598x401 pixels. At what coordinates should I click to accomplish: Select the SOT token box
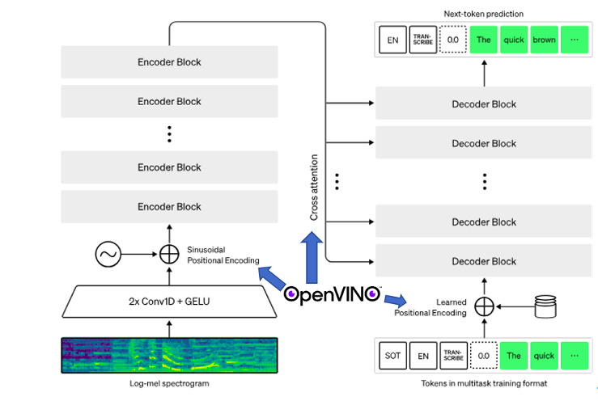(x=392, y=355)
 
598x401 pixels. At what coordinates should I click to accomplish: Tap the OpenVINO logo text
(x=331, y=293)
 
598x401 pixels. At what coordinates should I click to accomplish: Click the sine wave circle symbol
(x=108, y=255)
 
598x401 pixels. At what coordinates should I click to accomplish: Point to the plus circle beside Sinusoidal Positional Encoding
(x=169, y=255)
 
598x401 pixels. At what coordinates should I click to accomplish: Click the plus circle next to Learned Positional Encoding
(x=483, y=307)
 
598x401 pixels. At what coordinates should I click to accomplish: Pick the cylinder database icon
(x=548, y=306)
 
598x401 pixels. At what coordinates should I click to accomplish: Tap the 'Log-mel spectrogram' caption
(x=168, y=383)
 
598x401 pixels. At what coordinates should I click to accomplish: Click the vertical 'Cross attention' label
(x=314, y=187)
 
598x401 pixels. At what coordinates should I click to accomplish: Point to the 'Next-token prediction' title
(x=483, y=14)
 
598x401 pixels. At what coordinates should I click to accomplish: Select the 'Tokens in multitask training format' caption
(x=483, y=383)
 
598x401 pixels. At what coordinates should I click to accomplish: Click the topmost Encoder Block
(x=169, y=62)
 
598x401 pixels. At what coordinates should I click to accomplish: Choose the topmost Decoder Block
(x=483, y=104)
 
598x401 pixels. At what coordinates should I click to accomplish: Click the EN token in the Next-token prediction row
(x=392, y=40)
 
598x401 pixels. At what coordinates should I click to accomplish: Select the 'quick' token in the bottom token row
(x=544, y=355)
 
